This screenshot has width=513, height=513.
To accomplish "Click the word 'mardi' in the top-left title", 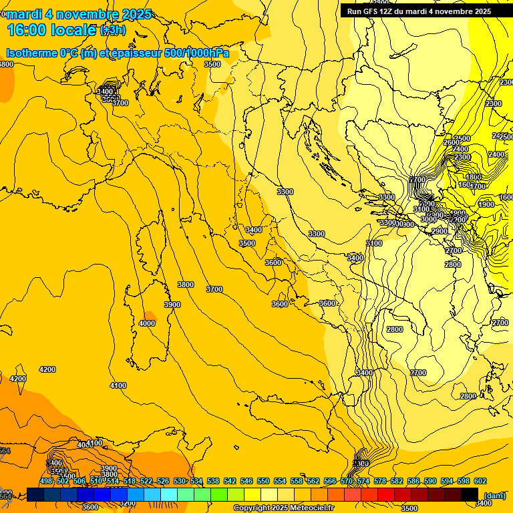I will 23,14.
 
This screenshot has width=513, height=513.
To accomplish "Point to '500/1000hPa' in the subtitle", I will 197,53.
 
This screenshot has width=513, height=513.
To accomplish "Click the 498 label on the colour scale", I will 46,481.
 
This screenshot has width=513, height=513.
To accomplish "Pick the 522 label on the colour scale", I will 146,481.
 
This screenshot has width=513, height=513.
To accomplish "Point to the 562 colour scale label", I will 313,481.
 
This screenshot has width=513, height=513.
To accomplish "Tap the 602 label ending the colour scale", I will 480,481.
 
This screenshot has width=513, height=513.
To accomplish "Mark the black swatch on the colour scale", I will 470,494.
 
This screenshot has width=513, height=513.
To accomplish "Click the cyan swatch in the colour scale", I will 169,494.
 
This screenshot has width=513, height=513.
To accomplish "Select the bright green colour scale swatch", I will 219,494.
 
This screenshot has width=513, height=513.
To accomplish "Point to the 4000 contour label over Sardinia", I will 147,323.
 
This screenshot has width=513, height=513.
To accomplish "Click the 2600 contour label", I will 452,142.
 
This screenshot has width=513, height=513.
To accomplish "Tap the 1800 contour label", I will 474,177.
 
